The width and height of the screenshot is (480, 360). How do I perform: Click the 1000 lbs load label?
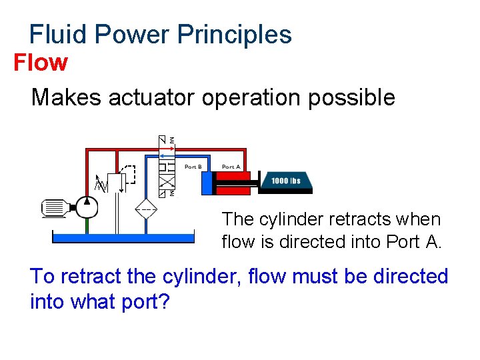coord(285,181)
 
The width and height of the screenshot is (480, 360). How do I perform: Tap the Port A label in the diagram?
coord(231,167)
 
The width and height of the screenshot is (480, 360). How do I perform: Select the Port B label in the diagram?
coord(194,167)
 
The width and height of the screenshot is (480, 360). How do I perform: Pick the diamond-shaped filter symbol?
coord(146,208)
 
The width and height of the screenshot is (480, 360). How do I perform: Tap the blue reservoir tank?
coord(123,237)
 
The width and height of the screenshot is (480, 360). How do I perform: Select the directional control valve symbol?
coord(167,166)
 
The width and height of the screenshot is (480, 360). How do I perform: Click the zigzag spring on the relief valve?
coord(101,183)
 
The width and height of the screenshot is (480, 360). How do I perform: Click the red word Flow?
coord(41,63)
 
